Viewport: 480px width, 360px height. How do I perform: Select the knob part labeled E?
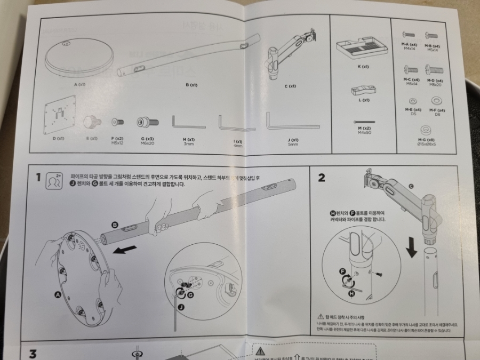pyautogui.click(x=93, y=122)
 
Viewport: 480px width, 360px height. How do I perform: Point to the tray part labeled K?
pyautogui.click(x=363, y=50)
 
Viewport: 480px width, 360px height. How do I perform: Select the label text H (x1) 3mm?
pyautogui.click(x=189, y=141)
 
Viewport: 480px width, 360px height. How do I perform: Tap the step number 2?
pyautogui.click(x=321, y=178)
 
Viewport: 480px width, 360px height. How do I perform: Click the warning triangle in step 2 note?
pyautogui.click(x=321, y=316)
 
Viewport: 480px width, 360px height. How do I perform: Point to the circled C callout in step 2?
pyautogui.click(x=411, y=186)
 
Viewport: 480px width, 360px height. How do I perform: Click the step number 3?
pyautogui.click(x=33, y=354)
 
